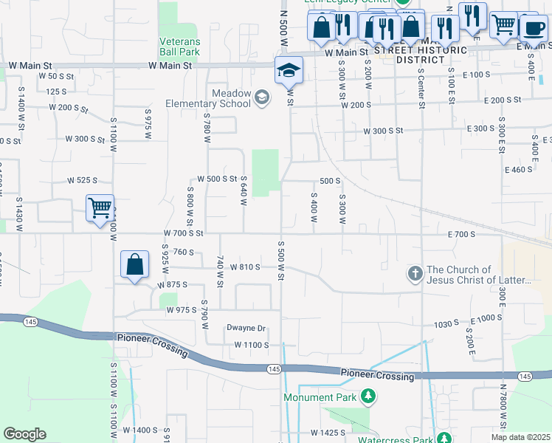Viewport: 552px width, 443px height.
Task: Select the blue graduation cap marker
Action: (x=289, y=72)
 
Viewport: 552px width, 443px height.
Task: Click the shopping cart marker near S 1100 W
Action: (x=100, y=207)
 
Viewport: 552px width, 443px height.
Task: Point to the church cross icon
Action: (x=415, y=275)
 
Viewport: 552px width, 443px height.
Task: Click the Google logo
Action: (x=24, y=434)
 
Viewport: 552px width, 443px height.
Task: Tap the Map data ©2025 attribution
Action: (x=521, y=437)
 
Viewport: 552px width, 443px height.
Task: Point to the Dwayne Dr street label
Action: (x=246, y=328)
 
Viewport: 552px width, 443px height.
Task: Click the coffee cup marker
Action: (x=533, y=28)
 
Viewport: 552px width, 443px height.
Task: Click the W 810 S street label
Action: (x=245, y=267)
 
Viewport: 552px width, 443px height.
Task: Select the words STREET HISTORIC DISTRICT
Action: (x=431, y=55)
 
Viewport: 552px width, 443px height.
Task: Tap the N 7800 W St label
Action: (x=503, y=403)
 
